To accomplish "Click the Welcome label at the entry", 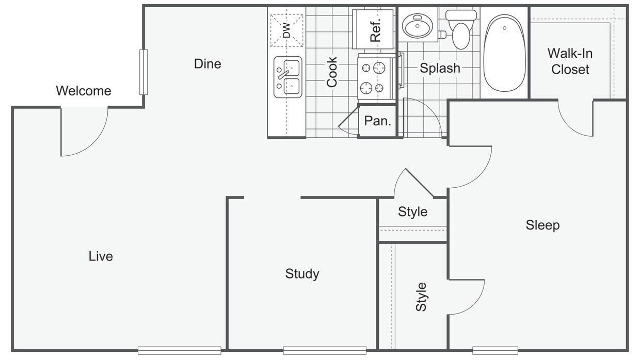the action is pyautogui.click(x=84, y=91).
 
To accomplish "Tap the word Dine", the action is pyautogui.click(x=207, y=63).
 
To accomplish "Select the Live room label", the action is pyautogui.click(x=101, y=256).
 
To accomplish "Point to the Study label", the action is pyautogui.click(x=302, y=274).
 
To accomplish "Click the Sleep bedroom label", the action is pyautogui.click(x=542, y=225).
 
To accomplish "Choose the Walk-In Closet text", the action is pyautogui.click(x=570, y=61).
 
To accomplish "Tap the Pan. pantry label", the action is pyautogui.click(x=377, y=121).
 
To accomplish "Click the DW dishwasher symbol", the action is pyautogui.click(x=286, y=30).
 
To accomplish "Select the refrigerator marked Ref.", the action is pyautogui.click(x=373, y=29).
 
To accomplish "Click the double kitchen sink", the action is pyautogui.click(x=287, y=77).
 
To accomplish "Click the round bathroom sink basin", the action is pyautogui.click(x=418, y=25).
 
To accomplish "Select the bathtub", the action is pyautogui.click(x=504, y=53).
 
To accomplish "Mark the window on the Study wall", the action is pyautogui.click(x=325, y=350).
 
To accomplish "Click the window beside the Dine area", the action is pyautogui.click(x=143, y=72).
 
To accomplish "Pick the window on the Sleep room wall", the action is pyautogui.click(x=495, y=350).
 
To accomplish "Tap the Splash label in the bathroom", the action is pyautogui.click(x=440, y=68).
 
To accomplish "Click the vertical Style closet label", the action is pyautogui.click(x=421, y=297).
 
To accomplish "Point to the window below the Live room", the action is pyautogui.click(x=180, y=350).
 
